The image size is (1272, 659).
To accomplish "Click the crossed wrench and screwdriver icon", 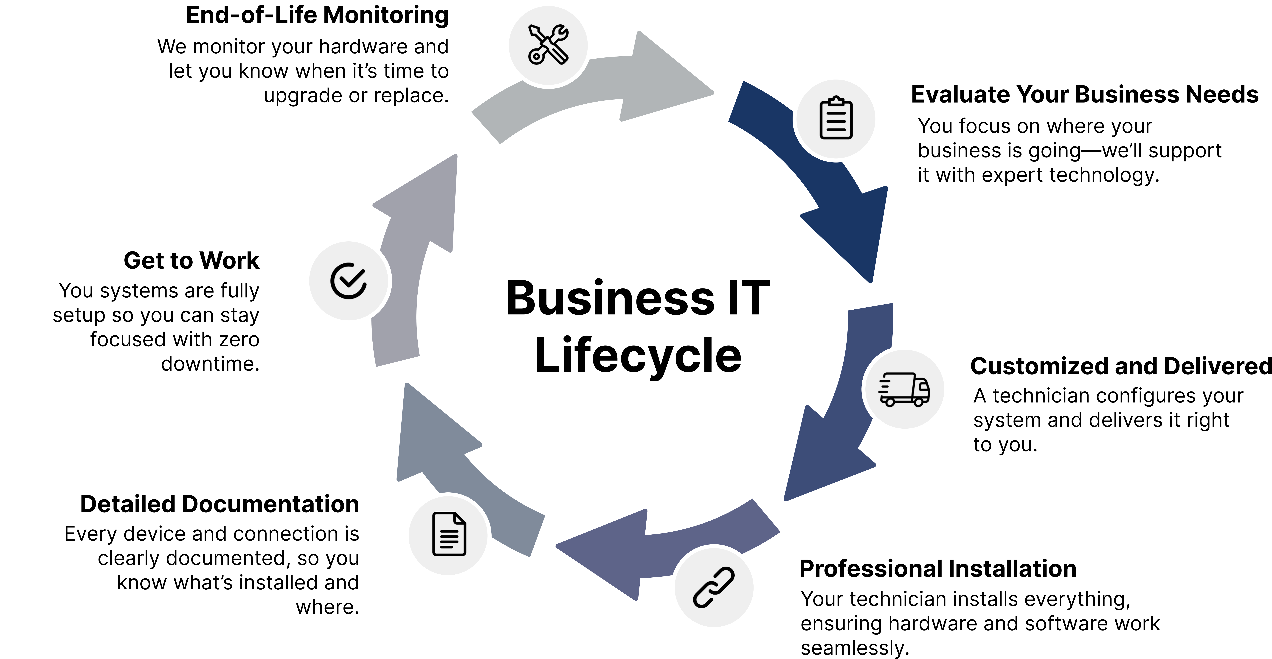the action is coord(548,44).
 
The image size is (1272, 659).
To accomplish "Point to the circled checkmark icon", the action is coord(349,281).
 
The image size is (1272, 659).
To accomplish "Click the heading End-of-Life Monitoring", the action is coord(317,15).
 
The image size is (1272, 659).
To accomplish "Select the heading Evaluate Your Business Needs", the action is coord(1084,94).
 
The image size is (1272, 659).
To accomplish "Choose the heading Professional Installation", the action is coord(938,569).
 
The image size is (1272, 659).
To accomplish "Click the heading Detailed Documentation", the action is coord(220,504).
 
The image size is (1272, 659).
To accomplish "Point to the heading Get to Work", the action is coord(192,260).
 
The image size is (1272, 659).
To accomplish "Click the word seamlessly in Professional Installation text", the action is coord(855,648).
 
